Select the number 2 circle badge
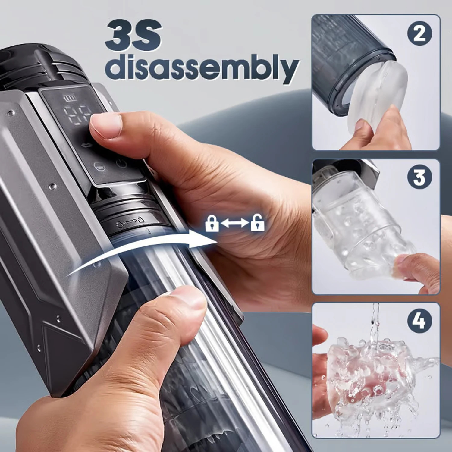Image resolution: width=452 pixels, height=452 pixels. pos(419,33)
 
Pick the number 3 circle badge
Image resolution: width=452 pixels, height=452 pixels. pos(419,177)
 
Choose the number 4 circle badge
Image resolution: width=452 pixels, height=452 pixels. pos(419,320)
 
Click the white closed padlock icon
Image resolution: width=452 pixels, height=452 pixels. pos(212,224)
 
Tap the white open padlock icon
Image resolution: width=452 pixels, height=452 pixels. pos(257,223)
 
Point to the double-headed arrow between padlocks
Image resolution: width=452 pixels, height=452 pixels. pos(234,223)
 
